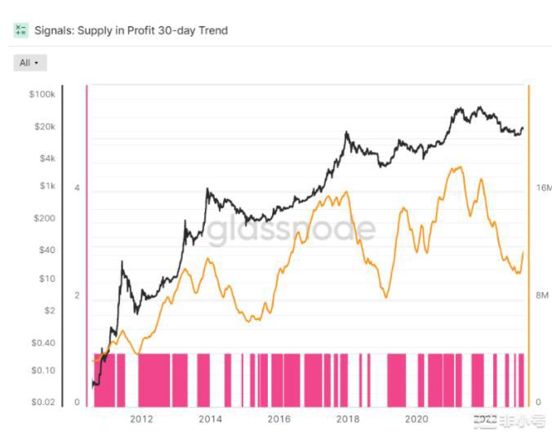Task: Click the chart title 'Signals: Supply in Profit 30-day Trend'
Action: point(131,30)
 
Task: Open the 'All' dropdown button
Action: point(30,63)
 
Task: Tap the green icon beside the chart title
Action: point(20,30)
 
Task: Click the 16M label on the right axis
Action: point(543,188)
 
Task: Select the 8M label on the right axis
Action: point(541,296)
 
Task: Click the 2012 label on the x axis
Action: point(141,420)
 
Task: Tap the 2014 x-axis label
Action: point(210,420)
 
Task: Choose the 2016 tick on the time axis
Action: point(278,420)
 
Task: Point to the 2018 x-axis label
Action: point(348,420)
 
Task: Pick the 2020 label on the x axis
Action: point(416,420)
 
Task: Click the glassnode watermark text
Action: point(291,231)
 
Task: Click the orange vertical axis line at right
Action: point(529,245)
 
